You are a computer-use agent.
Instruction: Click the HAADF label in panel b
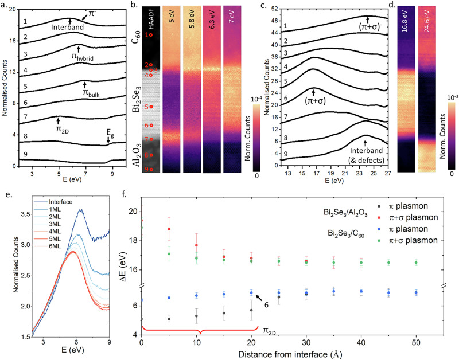pos(147,18)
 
